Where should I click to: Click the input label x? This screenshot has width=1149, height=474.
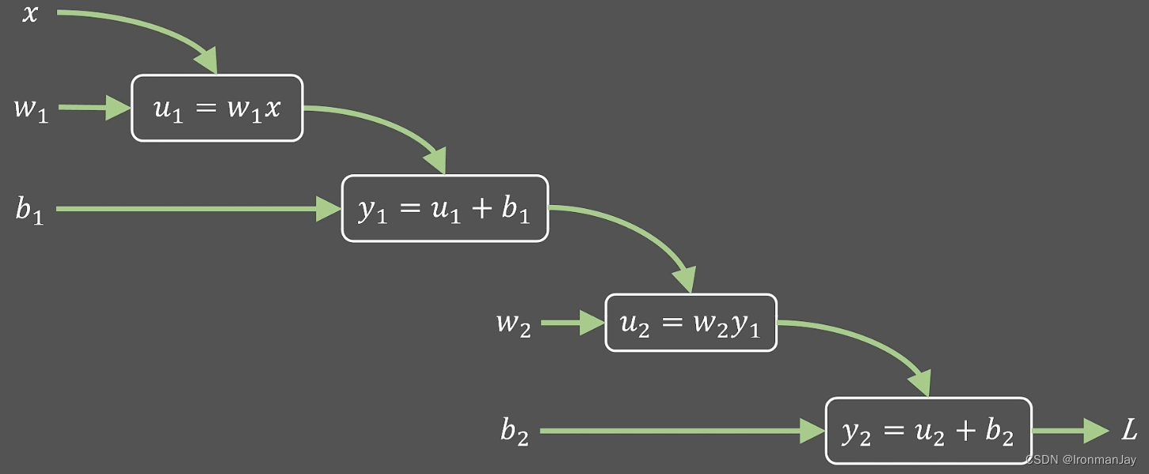pyautogui.click(x=29, y=13)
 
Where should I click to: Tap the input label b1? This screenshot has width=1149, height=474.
pyautogui.click(x=30, y=210)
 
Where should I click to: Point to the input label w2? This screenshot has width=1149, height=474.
pyautogui.click(x=513, y=324)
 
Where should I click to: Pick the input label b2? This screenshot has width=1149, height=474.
pyautogui.click(x=514, y=432)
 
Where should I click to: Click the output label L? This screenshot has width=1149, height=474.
pyautogui.click(x=1129, y=431)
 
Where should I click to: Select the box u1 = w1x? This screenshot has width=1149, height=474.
pyautogui.click(x=217, y=108)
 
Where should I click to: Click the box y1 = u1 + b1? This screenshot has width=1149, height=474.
pyautogui.click(x=444, y=209)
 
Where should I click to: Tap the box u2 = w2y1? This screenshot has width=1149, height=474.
pyautogui.click(x=691, y=323)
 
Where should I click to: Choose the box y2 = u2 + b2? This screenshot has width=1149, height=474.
pyautogui.click(x=928, y=431)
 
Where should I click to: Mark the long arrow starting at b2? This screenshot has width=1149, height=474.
pyautogui.click(x=681, y=431)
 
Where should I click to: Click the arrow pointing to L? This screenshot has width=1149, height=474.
pyautogui.click(x=1069, y=431)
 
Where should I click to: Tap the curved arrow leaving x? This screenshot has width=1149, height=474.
pyautogui.click(x=150, y=28)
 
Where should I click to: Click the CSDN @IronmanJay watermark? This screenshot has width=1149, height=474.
pyautogui.click(x=1080, y=459)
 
